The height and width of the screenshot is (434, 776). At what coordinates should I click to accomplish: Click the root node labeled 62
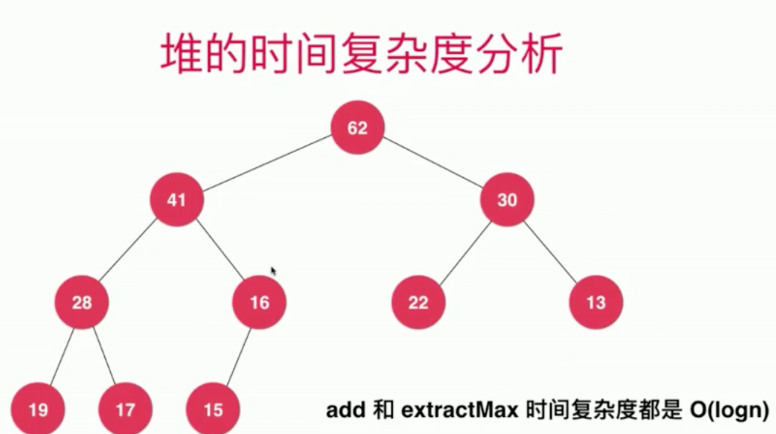(x=358, y=128)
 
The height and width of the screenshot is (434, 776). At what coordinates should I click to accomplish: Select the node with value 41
(x=177, y=200)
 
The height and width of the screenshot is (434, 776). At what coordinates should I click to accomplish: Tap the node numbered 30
(x=507, y=200)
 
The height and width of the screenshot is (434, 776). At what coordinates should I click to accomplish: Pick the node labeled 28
(x=82, y=303)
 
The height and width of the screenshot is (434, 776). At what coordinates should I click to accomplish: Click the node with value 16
(x=259, y=303)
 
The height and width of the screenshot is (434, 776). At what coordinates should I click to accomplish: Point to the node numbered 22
(x=418, y=303)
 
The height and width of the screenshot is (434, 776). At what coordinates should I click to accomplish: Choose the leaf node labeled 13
(x=596, y=303)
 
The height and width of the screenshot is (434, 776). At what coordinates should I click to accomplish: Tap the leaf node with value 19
(x=38, y=410)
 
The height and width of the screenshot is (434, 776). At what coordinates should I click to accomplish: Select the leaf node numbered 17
(x=126, y=410)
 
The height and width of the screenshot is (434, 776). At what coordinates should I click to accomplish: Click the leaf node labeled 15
(x=213, y=410)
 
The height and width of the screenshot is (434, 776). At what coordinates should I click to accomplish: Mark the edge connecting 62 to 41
(x=267, y=164)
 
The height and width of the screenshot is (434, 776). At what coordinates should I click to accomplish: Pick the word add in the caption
(x=345, y=410)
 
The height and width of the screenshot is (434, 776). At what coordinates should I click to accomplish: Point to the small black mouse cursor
(x=274, y=271)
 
